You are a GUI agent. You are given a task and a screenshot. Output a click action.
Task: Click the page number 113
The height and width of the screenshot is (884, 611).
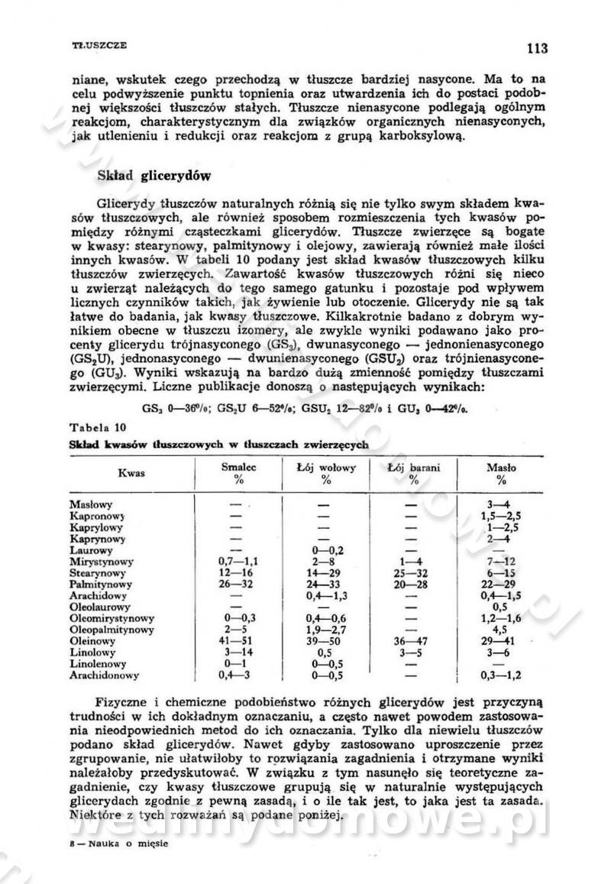point(537,49)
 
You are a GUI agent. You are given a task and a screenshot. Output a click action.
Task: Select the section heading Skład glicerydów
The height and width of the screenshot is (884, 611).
point(154,175)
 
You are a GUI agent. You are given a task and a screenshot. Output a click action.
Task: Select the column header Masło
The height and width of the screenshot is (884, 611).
point(501,466)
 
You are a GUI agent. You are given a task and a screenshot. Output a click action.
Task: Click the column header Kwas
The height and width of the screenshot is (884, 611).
point(131,473)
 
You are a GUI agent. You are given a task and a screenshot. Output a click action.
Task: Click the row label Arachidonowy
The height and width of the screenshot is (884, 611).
point(104,675)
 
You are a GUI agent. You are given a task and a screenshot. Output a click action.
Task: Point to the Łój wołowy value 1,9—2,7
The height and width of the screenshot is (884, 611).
point(326,630)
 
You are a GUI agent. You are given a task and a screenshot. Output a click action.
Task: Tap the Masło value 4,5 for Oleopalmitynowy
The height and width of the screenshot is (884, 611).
point(501,630)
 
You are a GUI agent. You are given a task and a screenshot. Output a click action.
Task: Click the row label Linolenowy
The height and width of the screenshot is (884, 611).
point(98,664)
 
